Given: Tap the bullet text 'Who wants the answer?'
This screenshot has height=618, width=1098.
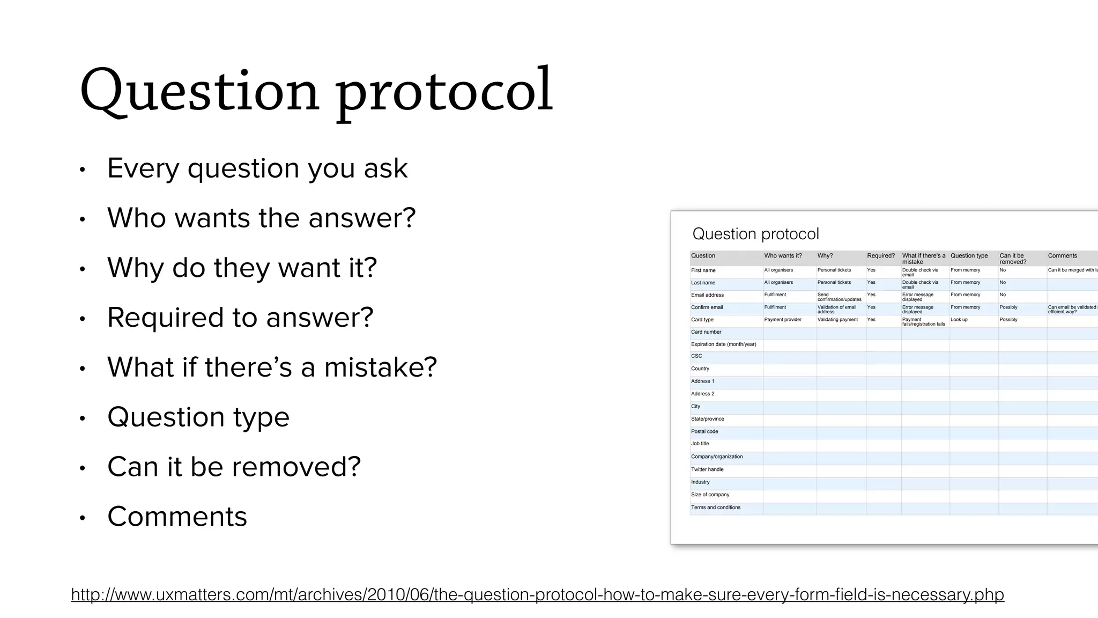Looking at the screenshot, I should click(261, 218).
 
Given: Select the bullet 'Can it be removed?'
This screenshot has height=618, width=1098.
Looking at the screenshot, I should click(234, 467).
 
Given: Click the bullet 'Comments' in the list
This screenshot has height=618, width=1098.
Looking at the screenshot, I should click(177, 517).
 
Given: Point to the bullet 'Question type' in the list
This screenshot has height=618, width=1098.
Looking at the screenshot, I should click(198, 417).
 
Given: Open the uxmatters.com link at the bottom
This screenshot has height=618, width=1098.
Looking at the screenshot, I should click(537, 594).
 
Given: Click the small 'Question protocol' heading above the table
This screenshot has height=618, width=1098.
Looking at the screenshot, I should click(755, 234).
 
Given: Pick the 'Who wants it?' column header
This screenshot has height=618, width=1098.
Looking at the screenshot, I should click(783, 256).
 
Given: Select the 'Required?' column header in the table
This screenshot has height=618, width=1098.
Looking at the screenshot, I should click(880, 256).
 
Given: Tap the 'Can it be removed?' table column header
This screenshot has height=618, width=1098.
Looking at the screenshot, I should click(1012, 259).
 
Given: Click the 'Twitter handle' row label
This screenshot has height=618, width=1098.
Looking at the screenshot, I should click(707, 469).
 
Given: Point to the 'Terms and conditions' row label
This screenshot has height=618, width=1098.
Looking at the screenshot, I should click(715, 507).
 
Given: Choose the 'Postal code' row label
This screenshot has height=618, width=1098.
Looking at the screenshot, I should click(704, 431).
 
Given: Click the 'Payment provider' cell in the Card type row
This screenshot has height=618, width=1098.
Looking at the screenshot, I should click(782, 320).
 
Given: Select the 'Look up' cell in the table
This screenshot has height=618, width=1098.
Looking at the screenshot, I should click(959, 320).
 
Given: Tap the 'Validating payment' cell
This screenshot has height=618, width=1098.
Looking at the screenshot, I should click(837, 320).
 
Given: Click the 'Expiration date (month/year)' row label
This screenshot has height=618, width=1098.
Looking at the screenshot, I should click(723, 344).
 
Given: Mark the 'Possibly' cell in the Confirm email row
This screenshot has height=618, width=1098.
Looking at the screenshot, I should click(1008, 307).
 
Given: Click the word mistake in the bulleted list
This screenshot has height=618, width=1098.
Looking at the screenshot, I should click(380, 367).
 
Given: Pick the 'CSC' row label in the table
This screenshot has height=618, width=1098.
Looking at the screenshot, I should click(696, 356).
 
